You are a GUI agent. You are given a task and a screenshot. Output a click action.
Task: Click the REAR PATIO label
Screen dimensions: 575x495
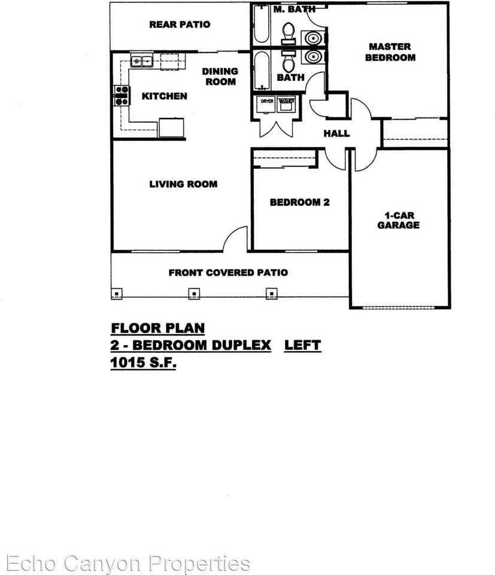tap(180, 25)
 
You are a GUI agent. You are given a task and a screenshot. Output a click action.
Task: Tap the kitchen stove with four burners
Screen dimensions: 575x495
tap(122, 96)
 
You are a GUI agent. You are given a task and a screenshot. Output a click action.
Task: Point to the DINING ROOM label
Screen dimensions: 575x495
tap(220, 76)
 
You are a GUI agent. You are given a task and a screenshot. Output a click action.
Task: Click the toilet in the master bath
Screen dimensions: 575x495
tap(289, 32)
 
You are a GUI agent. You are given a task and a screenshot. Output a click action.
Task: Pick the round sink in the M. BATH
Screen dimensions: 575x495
tap(313, 38)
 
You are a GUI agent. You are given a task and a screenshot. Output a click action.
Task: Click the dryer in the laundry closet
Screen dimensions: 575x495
tap(267, 104)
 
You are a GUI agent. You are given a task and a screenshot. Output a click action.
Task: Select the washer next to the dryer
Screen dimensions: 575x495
tap(287, 104)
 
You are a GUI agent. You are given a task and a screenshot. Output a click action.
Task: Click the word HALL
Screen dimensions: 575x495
tap(336, 134)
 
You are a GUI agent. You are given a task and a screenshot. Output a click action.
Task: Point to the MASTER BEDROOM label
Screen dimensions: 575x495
tap(390, 52)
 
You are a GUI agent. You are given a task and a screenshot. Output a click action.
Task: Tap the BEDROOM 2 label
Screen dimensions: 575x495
tap(299, 202)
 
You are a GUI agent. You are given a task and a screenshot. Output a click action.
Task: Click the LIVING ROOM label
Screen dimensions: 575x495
tap(183, 184)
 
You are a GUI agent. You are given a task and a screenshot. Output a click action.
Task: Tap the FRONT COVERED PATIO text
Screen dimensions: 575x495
tap(228, 273)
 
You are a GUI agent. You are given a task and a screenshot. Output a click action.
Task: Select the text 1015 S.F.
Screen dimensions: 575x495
tap(144, 363)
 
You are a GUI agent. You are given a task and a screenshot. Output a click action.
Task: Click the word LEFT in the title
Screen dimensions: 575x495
tap(302, 346)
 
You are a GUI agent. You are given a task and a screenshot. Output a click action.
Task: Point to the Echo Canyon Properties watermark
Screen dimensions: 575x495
tap(126, 563)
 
